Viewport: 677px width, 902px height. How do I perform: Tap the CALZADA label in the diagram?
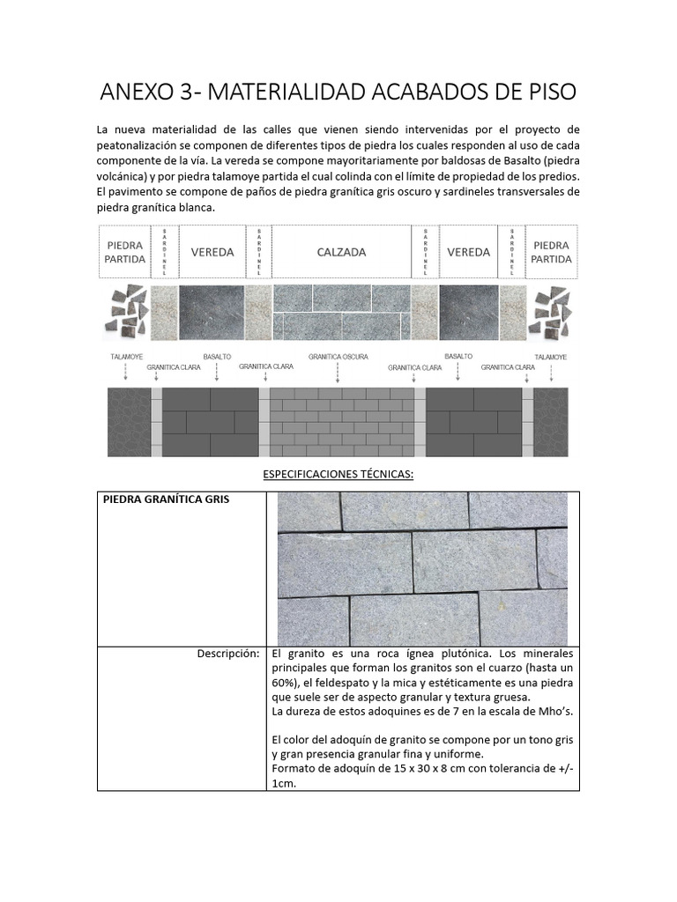[x=341, y=252]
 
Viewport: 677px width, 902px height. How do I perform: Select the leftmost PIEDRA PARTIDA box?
[x=124, y=252]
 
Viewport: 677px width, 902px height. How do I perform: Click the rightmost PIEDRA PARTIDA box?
[x=552, y=252]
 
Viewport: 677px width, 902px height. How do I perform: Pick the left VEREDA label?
[x=212, y=252]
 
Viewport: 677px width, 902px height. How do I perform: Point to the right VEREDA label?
[x=468, y=252]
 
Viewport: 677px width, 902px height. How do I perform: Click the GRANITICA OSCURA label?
[x=338, y=357]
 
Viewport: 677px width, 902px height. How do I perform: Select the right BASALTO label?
[x=458, y=357]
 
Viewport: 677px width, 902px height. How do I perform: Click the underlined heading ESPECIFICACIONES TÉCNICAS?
[x=338, y=474]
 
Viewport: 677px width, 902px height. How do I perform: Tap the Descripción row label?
[x=228, y=654]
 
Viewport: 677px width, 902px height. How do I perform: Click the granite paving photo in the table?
[x=422, y=569]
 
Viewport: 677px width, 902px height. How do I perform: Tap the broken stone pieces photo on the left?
[x=127, y=314]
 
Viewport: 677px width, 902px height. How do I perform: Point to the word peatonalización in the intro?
[x=141, y=144]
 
